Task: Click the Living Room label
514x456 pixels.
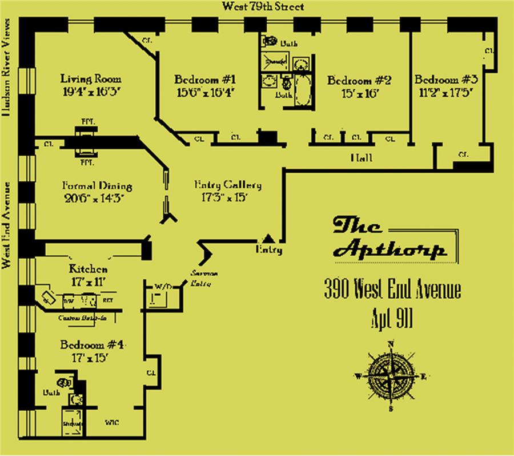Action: (x=91, y=79)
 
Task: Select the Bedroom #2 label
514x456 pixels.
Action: (x=359, y=80)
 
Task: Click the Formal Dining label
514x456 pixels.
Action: (x=97, y=186)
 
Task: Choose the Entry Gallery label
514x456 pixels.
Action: (x=228, y=185)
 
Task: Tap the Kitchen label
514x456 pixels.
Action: (x=88, y=268)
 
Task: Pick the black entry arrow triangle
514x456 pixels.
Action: (x=267, y=238)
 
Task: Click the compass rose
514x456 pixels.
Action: (x=391, y=377)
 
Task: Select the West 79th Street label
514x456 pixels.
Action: (x=263, y=7)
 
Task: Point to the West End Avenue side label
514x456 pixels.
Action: (x=7, y=225)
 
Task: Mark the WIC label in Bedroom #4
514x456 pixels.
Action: (x=111, y=423)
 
